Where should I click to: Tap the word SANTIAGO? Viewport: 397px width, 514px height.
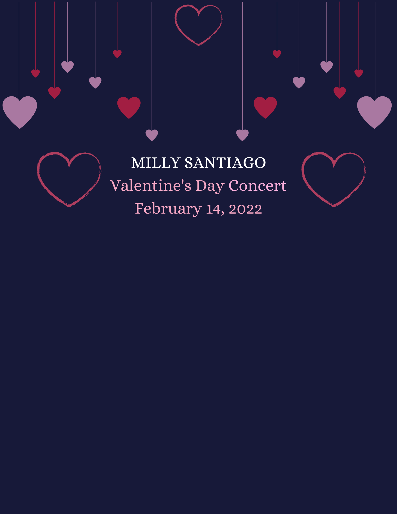point(225,163)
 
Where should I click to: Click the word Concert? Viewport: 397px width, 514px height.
point(257,186)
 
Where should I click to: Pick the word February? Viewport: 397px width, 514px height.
point(168,209)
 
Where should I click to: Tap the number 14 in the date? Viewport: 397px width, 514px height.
point(213,209)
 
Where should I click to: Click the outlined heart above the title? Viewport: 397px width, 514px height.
point(198,25)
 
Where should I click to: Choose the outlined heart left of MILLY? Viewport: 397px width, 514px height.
point(69,179)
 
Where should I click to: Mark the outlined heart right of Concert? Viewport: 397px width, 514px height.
point(334,179)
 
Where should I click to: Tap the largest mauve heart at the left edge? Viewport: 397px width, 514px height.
point(20,111)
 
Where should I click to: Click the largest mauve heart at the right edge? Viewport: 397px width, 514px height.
point(374,111)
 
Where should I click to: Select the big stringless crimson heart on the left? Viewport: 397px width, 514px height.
point(129,107)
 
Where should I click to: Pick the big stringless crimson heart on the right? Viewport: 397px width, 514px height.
point(265,107)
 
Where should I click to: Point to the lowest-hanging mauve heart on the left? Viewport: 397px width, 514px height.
point(152,135)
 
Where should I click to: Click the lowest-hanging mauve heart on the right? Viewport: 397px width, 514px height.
point(242,135)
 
